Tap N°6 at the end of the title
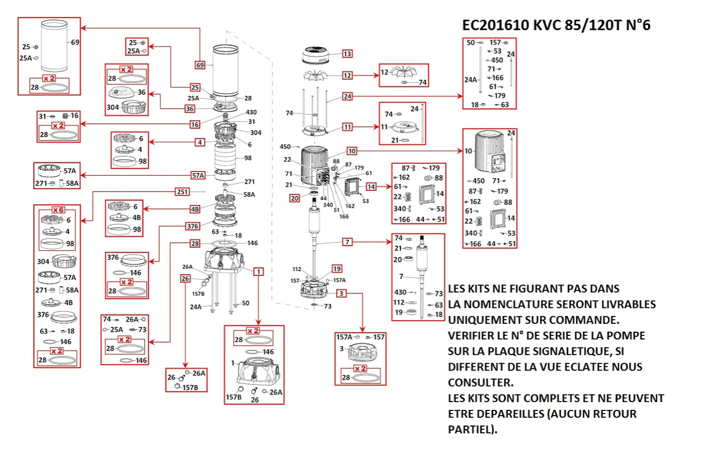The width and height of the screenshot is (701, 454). tap(633, 25)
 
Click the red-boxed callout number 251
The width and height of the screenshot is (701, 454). tap(181, 192)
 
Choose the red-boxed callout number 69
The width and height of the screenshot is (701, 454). tap(200, 65)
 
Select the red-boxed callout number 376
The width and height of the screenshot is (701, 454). tap(192, 225)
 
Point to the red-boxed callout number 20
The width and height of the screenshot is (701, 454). tap(295, 197)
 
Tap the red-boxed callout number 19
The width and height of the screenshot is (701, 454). tap(337, 268)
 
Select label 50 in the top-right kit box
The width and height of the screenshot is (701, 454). tap(471, 42)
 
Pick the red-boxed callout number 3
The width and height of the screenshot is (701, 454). tap(341, 293)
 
